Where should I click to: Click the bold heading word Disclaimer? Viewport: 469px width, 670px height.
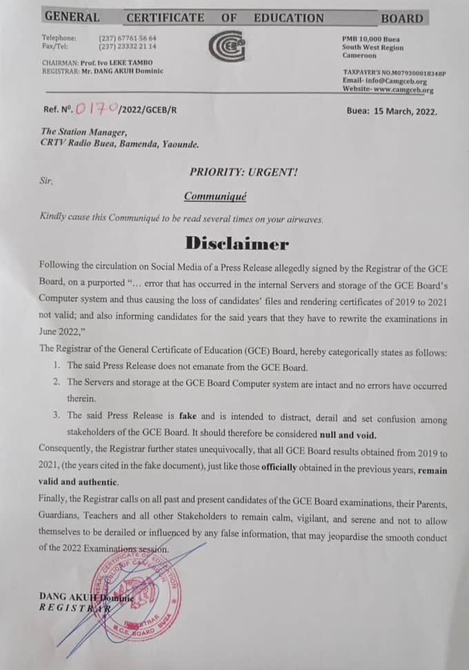236,243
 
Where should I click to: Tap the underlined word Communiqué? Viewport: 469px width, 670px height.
214,196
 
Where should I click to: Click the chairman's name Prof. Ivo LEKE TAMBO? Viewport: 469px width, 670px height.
123,63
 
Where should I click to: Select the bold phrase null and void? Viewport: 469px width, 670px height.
347,435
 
